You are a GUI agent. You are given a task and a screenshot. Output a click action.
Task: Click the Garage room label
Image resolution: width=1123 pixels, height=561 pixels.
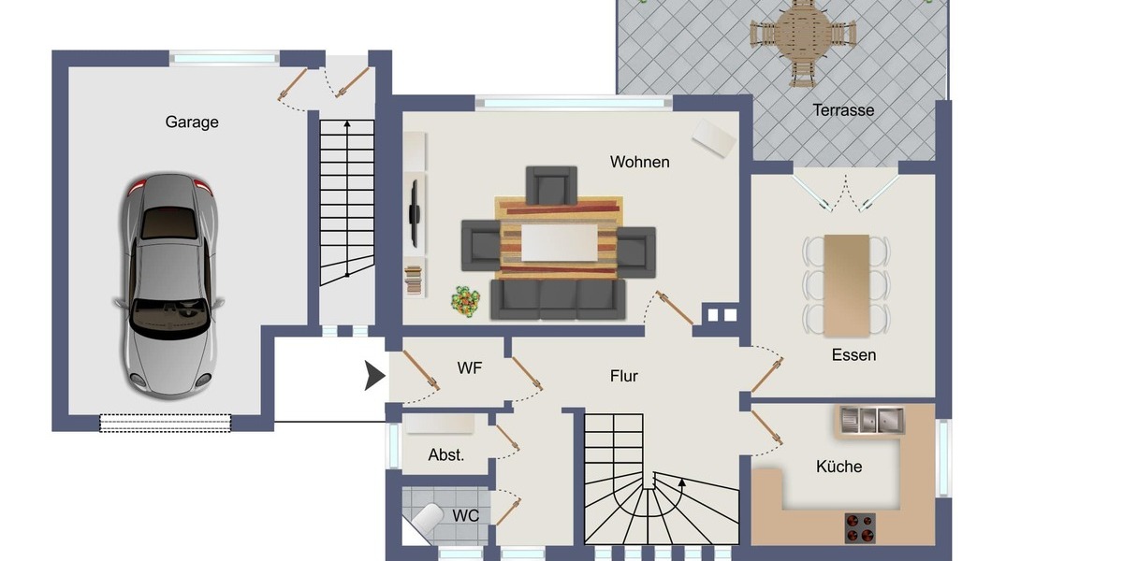[x=192, y=122]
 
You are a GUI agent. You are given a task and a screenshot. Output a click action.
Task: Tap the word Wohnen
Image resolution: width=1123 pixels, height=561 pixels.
[x=639, y=162]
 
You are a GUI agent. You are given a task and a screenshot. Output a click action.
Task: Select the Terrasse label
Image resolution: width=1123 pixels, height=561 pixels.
[x=843, y=110]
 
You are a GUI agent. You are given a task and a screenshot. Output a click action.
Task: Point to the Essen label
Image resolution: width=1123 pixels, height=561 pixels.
[x=853, y=355]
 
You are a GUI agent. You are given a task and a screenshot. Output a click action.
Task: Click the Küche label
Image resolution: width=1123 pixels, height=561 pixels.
[x=839, y=467]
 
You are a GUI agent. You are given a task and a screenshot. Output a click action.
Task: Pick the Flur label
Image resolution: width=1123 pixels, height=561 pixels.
[x=624, y=376]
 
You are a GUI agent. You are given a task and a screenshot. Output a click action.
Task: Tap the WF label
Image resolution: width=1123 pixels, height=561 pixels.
[x=470, y=368]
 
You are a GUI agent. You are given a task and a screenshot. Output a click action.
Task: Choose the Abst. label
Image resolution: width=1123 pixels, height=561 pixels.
[x=446, y=455]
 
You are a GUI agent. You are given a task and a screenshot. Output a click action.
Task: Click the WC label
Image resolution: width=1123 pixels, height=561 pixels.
[x=466, y=515]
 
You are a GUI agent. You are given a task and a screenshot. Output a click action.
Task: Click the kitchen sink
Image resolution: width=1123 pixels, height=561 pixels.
[x=871, y=420]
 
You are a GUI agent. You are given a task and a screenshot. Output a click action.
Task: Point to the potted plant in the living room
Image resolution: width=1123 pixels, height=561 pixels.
[x=464, y=300]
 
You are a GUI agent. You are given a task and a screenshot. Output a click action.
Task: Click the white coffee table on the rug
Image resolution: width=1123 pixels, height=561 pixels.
[x=559, y=241]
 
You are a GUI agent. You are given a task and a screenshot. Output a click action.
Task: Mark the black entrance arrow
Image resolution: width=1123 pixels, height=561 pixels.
[x=374, y=376]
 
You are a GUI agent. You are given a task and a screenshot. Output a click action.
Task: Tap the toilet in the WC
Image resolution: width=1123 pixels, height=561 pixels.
[x=427, y=520]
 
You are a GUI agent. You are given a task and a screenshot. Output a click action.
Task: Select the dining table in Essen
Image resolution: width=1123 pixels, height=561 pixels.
[x=846, y=284]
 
